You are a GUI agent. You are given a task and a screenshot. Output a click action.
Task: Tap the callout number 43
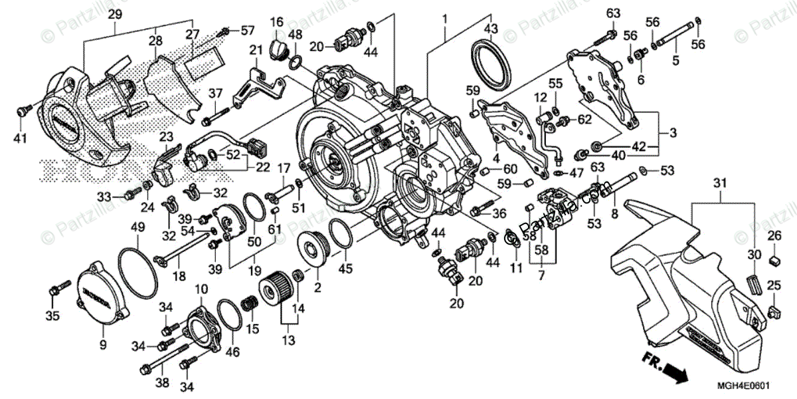491,29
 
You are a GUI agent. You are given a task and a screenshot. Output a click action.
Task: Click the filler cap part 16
279,48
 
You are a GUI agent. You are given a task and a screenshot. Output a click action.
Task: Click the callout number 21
256,50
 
